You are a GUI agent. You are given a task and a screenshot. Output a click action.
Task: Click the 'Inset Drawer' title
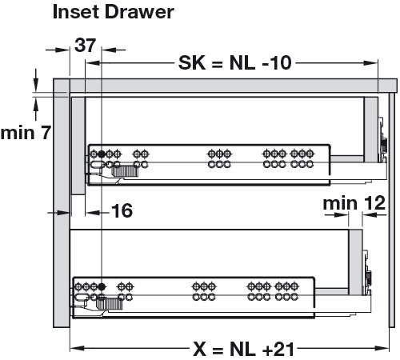pyautogui.click(x=114, y=12)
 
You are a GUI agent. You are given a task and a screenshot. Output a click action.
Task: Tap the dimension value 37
pyautogui.click(x=85, y=46)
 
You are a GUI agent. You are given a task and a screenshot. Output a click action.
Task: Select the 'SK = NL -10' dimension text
pyautogui.click(x=235, y=63)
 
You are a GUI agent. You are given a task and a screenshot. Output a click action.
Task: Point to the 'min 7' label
pyautogui.click(x=26, y=133)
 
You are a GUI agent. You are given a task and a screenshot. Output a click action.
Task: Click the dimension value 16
pyautogui.click(x=122, y=210)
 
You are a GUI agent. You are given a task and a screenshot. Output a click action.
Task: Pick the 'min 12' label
pyautogui.click(x=354, y=203)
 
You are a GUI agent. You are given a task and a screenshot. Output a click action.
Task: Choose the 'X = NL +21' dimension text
pyautogui.click(x=243, y=349)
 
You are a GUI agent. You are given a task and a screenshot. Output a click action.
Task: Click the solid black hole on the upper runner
pyautogui.click(x=101, y=154)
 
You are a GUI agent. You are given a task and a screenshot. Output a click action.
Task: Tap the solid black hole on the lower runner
pyautogui.click(x=102, y=287)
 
